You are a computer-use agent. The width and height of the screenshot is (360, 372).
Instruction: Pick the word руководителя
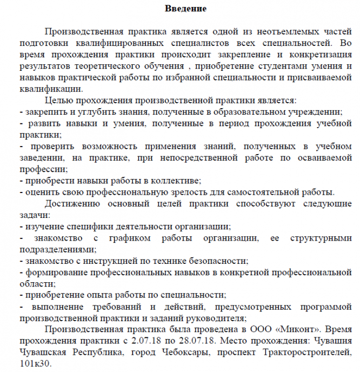[216, 318]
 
